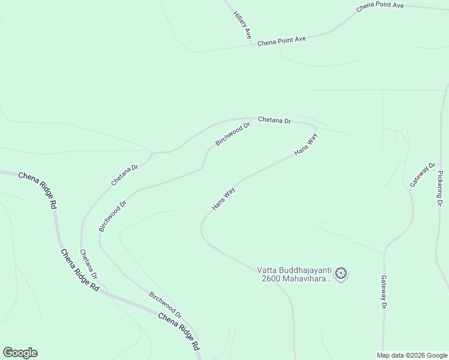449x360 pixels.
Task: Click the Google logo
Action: pos(20,353)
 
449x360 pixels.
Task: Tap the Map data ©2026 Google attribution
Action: pos(412,355)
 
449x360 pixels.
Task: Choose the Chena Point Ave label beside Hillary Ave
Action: pos(282,40)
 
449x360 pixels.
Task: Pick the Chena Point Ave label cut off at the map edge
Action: pos(380,7)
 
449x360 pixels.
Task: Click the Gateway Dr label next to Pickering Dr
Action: pos(423,175)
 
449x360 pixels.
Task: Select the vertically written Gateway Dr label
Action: pos(384,292)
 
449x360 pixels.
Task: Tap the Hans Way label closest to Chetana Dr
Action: pos(306,145)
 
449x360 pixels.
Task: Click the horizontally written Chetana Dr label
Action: pos(274,120)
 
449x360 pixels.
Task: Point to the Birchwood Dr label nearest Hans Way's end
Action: pos(232,134)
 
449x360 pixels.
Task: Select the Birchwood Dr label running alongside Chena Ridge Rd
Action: pos(165,305)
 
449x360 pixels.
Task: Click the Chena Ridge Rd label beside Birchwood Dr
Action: pos(179,331)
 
